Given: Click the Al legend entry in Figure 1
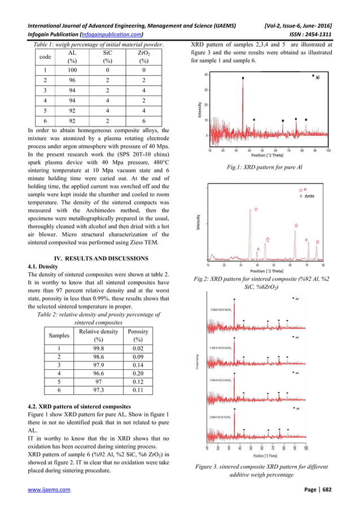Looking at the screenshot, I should [314, 76].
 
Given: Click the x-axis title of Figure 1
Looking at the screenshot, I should [269, 155].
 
